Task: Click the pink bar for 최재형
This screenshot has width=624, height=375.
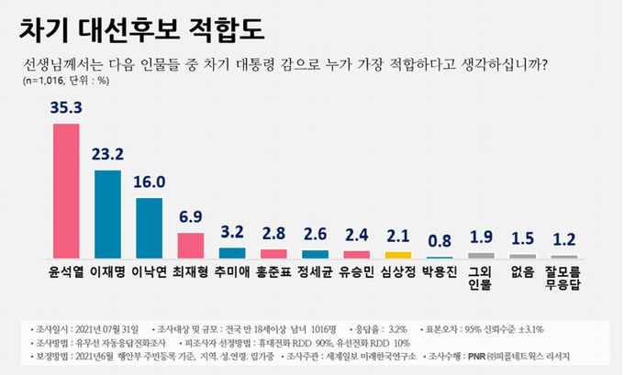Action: pos(190,245)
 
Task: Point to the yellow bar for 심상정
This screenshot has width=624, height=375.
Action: pos(397,254)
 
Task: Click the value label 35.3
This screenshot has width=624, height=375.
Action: pos(66,108)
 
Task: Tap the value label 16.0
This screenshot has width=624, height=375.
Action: pos(149,182)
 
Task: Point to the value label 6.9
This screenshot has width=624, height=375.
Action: pos(190,218)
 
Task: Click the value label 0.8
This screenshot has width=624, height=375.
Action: pos(439,241)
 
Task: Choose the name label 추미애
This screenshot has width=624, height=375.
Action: pos(231,273)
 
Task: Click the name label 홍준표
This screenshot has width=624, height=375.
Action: pos(273,273)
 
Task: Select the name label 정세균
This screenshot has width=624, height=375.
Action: pos(315,273)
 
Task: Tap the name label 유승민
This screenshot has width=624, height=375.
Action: pos(356,273)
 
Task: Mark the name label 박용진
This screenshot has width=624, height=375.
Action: pos(439,273)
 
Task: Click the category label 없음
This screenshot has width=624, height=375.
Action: pos(522,273)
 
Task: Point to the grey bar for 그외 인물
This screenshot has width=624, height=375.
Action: pos(481,255)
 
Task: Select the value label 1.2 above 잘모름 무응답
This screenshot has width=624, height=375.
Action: pos(563,238)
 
